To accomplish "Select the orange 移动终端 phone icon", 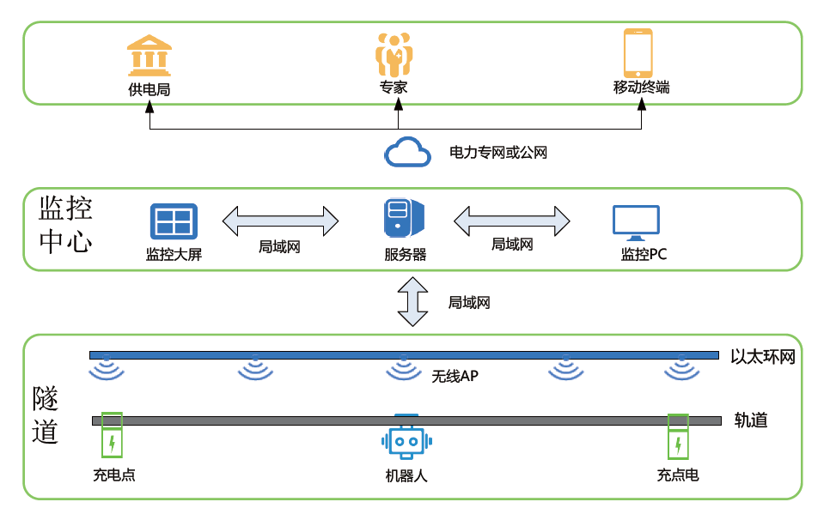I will (x=638, y=52).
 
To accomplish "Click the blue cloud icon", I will (x=407, y=153).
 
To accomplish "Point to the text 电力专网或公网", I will (x=498, y=153).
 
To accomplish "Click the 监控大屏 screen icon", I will (x=174, y=221).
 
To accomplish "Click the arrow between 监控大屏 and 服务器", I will (x=281, y=221).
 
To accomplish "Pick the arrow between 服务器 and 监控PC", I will (x=513, y=221).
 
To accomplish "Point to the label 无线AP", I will (x=455, y=376).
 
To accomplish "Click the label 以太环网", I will (x=763, y=356).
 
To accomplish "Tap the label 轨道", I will (x=751, y=420).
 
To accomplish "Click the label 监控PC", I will (x=644, y=255).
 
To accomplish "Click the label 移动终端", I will (x=641, y=88).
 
